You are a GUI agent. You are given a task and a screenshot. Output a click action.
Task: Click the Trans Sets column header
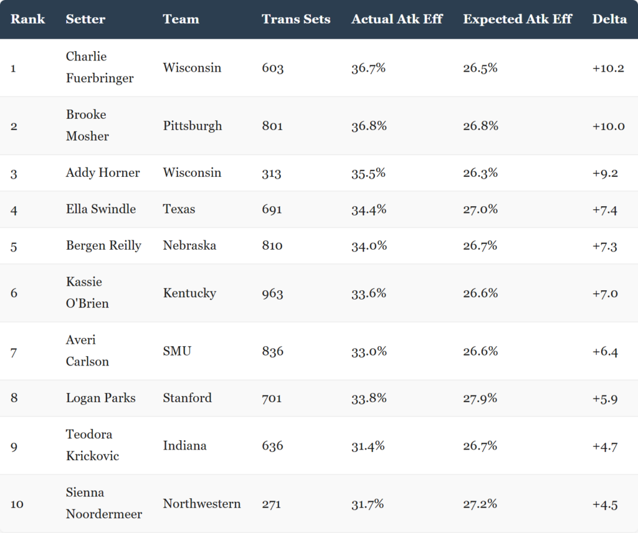click(296, 19)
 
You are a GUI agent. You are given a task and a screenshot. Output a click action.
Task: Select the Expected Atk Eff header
click(518, 19)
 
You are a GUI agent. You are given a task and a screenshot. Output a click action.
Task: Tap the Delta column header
click(609, 19)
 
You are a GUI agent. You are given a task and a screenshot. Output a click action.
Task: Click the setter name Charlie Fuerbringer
click(100, 67)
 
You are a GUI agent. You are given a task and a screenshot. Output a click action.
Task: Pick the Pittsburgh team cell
click(193, 126)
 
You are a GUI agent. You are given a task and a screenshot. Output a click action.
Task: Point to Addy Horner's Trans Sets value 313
click(272, 173)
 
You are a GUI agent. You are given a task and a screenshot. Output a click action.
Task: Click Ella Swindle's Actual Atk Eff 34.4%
click(369, 209)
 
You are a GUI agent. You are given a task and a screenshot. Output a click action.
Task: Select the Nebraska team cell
click(189, 245)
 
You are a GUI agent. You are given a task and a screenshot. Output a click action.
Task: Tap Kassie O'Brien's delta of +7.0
click(605, 293)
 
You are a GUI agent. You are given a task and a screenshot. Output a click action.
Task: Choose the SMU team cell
click(177, 351)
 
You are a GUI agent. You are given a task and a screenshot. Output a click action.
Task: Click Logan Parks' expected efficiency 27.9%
click(480, 398)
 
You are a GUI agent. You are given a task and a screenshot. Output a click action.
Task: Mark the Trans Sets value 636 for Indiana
click(272, 446)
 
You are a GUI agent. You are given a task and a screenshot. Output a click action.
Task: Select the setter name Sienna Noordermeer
click(104, 503)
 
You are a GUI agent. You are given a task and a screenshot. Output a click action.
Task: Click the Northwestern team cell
click(202, 503)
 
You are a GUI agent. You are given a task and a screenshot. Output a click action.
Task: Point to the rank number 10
click(17, 504)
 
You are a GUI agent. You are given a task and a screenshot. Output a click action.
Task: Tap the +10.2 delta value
click(608, 68)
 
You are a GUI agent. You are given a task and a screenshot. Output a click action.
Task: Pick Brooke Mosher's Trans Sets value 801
click(272, 126)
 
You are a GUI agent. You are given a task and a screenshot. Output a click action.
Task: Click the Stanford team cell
click(187, 398)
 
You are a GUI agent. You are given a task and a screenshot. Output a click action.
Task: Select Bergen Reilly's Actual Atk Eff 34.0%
click(369, 245)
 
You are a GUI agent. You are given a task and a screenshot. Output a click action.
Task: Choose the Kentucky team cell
click(189, 293)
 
